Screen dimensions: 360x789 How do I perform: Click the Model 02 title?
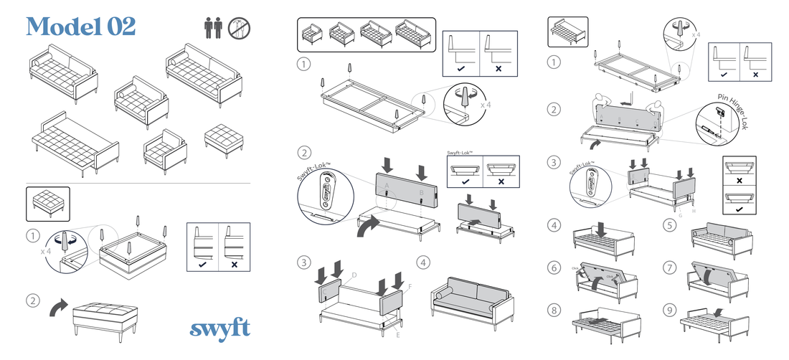coord(80,27)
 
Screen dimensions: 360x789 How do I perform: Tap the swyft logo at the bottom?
coord(220,328)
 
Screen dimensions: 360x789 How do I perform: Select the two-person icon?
coord(213,29)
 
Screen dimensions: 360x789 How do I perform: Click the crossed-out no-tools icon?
coord(239,29)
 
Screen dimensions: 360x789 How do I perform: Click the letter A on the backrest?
coord(387,184)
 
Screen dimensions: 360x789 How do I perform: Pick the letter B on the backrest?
coord(421,192)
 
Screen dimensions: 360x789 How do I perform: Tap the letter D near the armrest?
coord(354,275)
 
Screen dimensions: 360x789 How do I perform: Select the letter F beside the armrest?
coord(410,287)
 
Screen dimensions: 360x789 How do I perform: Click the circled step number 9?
coord(669,311)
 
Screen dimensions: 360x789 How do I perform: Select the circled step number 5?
coord(669,225)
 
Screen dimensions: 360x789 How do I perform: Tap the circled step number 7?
coord(669,267)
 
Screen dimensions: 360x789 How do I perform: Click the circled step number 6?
coord(554,267)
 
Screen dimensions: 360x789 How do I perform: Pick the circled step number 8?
coord(554,311)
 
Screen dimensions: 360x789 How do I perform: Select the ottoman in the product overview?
coord(223,136)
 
